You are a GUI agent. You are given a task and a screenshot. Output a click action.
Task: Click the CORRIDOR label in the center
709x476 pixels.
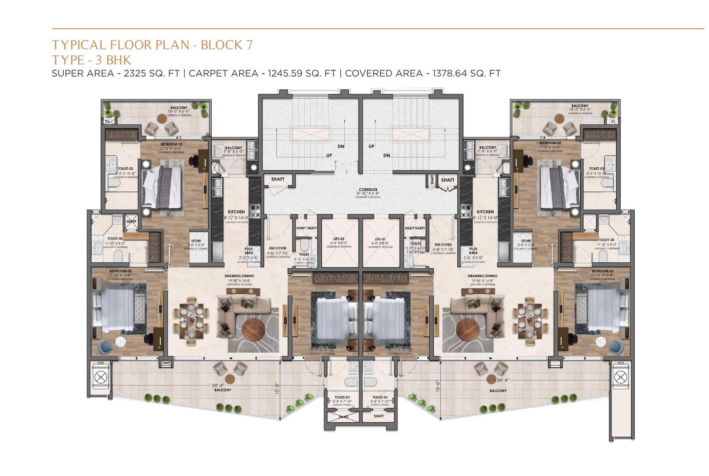point(368,189)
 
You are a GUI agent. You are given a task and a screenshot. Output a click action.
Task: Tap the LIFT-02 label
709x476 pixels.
point(339,239)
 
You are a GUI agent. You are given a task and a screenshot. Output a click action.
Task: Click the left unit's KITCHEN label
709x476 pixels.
point(236,212)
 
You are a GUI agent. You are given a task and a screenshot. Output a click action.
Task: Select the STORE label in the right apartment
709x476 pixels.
point(526,241)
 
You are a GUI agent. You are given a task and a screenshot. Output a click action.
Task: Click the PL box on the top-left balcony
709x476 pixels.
point(108,121)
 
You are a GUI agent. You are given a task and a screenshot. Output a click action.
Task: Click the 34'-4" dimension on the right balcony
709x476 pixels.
point(503,380)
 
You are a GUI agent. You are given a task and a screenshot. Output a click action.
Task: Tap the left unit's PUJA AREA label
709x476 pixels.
point(249,251)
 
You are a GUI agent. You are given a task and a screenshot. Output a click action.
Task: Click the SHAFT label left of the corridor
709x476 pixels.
point(278,179)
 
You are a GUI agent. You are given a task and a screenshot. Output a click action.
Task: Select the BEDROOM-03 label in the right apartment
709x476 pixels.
point(602,271)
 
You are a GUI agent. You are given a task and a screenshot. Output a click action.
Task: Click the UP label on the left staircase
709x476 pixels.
point(329,155)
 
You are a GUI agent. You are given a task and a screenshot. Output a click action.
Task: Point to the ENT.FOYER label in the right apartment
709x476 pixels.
point(443,245)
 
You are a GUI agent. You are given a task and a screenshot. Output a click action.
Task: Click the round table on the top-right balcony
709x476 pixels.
point(559,118)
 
